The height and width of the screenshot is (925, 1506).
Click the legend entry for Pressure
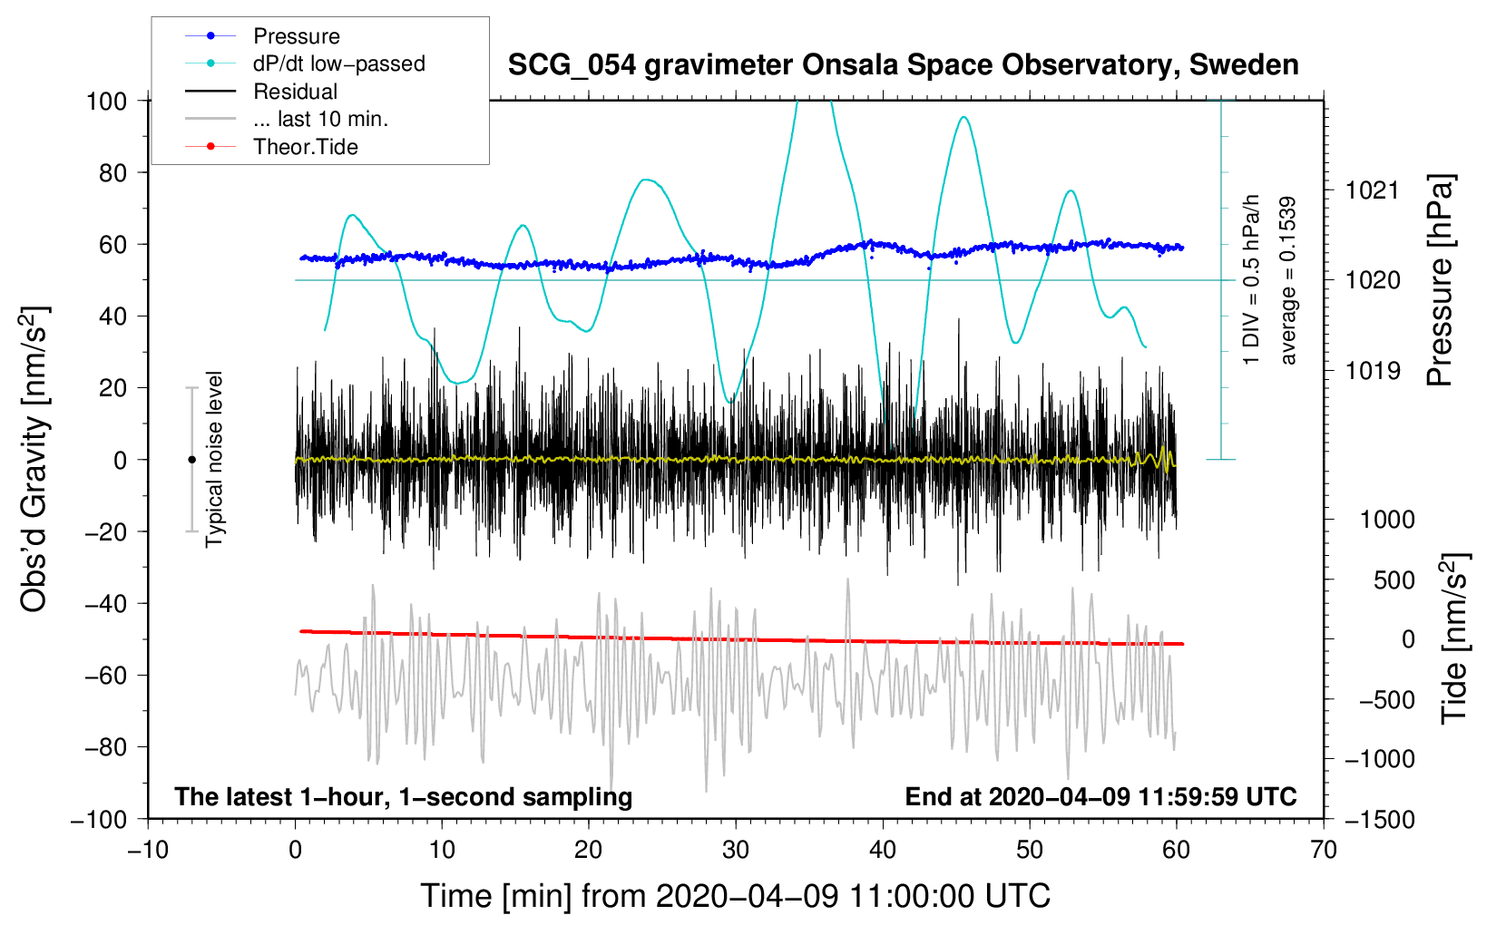296,36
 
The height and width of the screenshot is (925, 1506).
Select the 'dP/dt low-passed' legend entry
338,63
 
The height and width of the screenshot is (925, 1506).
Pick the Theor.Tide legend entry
305,147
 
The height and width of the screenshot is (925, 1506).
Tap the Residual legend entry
295,92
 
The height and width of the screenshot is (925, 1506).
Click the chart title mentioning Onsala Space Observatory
903,65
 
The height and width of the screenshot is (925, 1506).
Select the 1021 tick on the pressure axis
1373,190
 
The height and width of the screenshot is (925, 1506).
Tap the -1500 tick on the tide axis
1380,820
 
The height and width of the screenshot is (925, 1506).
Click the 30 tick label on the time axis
736,850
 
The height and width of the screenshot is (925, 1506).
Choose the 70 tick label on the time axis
1324,850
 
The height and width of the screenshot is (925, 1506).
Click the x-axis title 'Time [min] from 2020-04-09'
736,896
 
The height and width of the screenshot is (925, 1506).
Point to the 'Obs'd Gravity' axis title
34,460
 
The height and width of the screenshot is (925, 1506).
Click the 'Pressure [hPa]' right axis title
1441,281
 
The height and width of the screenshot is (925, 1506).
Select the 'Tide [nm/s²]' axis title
1454,638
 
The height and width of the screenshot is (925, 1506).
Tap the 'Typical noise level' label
214,460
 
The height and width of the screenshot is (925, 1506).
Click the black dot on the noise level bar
191,460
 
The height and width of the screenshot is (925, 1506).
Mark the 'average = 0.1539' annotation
1288,281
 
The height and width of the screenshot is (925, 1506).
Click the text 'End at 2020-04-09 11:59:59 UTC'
1100,796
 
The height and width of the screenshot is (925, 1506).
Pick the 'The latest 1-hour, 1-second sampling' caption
404,796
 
